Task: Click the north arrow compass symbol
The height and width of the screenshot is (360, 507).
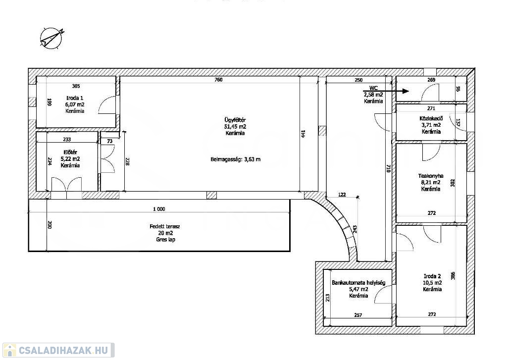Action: click(x=51, y=38)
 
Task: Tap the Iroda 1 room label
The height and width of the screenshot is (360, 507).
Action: click(x=75, y=98)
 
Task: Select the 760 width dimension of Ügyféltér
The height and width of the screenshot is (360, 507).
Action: click(x=218, y=80)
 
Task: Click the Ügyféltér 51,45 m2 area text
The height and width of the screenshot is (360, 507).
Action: click(x=235, y=127)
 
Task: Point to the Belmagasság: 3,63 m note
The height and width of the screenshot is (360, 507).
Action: click(x=235, y=159)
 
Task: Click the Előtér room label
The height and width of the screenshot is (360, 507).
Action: click(x=70, y=152)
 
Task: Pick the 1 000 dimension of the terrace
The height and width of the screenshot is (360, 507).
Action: click(x=159, y=209)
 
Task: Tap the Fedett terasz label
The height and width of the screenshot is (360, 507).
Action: click(x=165, y=226)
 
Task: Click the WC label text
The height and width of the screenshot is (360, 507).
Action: click(x=373, y=88)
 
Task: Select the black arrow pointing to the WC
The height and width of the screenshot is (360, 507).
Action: click(x=386, y=91)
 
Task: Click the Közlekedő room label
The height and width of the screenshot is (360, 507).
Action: click(x=431, y=119)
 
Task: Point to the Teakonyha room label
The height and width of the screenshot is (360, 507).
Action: click(x=431, y=176)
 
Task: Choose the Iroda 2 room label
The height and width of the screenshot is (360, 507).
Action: click(x=432, y=276)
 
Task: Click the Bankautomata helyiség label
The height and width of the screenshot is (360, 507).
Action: click(x=358, y=283)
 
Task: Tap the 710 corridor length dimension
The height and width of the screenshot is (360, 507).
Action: click(x=389, y=168)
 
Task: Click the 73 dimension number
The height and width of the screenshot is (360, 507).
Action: click(x=110, y=141)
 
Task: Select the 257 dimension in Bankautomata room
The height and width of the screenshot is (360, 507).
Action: click(x=358, y=315)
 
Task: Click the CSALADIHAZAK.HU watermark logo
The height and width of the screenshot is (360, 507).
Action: click(x=58, y=350)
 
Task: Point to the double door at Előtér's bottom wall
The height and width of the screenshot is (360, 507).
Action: click(x=67, y=184)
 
